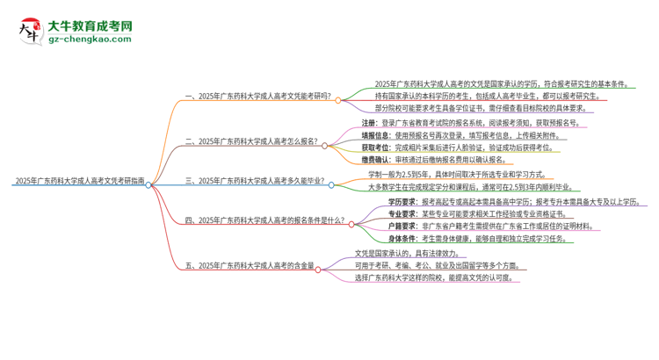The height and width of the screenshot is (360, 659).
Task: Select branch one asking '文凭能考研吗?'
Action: point(258,98)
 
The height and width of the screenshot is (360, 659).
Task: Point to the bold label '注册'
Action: point(369,123)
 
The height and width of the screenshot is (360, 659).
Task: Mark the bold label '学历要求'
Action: point(403,202)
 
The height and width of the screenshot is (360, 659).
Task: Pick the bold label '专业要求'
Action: point(403,213)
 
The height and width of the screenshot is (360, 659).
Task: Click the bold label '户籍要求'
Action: point(403,226)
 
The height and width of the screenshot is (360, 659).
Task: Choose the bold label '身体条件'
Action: point(403,238)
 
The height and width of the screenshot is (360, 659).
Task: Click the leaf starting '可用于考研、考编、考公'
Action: point(443,264)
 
